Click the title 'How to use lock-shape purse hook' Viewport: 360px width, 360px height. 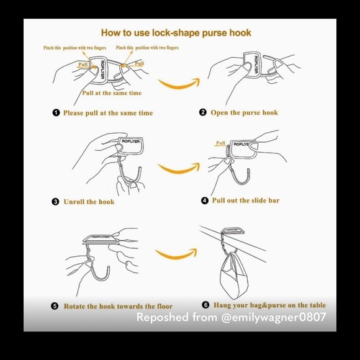click(x=176, y=33)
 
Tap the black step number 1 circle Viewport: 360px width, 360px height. click(x=56, y=113)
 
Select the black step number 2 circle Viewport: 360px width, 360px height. click(x=203, y=112)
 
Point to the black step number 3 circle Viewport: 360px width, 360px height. click(x=55, y=202)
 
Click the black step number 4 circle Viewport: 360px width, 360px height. click(x=205, y=200)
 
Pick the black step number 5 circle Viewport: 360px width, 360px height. click(x=55, y=306)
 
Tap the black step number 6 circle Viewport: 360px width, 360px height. click(x=205, y=305)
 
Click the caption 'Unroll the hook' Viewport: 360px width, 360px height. click(x=89, y=202)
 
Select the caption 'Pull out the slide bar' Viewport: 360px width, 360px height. click(x=246, y=200)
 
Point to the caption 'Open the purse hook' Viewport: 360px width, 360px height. click(x=245, y=112)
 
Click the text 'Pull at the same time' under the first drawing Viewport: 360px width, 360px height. click(x=112, y=93)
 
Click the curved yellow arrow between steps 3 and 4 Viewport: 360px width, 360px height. click(x=179, y=170)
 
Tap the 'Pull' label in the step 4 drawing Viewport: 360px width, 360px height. click(x=220, y=143)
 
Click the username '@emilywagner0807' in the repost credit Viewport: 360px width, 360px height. click(x=274, y=317)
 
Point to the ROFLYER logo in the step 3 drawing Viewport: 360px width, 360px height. click(x=130, y=141)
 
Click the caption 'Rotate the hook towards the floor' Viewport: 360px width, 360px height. click(x=118, y=306)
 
